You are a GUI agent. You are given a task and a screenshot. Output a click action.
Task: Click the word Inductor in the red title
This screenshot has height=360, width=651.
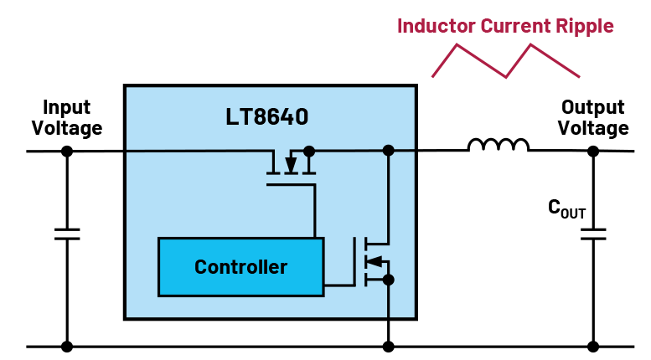click(436, 26)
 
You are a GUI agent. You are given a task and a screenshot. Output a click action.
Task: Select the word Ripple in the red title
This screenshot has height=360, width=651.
click(585, 26)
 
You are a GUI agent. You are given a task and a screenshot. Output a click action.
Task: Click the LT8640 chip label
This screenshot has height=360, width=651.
click(266, 117)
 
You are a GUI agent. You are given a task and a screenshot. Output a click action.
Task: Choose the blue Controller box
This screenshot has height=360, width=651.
click(240, 267)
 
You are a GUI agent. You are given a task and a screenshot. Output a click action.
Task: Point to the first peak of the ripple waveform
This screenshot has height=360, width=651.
click(457, 45)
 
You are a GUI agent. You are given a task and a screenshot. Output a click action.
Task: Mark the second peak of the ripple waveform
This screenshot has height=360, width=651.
click(530, 45)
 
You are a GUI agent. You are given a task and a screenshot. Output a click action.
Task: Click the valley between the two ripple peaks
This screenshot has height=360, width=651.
click(505, 77)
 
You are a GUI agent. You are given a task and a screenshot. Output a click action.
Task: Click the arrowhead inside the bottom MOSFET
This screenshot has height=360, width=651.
click(375, 261)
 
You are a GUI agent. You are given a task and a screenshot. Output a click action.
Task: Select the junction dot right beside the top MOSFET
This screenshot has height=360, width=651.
click(308, 152)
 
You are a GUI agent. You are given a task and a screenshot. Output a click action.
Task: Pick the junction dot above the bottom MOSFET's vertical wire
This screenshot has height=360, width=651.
click(388, 151)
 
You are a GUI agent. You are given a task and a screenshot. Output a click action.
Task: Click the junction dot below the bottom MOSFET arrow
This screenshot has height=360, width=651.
click(388, 279)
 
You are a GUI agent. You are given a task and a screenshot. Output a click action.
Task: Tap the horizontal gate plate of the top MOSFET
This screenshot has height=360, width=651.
click(290, 184)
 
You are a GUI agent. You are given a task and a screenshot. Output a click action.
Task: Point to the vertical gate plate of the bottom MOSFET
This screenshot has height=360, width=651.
click(354, 261)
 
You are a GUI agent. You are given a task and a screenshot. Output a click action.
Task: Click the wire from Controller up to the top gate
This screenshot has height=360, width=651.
click(314, 213)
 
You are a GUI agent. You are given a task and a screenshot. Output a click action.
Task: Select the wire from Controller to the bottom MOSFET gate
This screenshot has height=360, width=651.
click(338, 285)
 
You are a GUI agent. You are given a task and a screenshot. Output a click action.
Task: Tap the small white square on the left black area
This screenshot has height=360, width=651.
click(68, 234)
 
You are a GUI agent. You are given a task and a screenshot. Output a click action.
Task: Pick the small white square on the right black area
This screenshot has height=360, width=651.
click(593, 234)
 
